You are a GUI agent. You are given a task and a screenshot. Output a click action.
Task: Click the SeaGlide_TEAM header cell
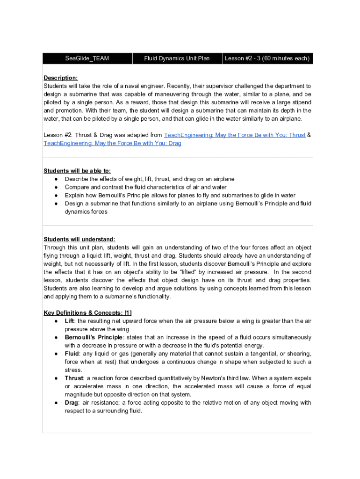pos(87,58)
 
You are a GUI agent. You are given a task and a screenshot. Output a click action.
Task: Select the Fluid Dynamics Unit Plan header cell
pos(177,58)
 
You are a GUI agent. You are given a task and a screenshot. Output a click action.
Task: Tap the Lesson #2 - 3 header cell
pos(267,58)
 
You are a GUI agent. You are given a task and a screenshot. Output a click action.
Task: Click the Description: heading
pos(61,78)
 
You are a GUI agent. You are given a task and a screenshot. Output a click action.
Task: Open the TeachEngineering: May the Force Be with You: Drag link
pos(112,143)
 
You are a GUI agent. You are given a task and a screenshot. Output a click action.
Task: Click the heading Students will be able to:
pos(77,171)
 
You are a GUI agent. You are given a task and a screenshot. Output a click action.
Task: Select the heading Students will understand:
pos(79,239)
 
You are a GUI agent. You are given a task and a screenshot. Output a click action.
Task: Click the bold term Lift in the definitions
pos(69,321)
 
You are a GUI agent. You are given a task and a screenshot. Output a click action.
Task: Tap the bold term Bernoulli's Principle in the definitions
pos(94,337)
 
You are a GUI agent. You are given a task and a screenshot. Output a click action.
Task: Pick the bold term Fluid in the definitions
pos(72,354)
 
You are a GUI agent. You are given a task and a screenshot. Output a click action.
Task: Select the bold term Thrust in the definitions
pos(74,378)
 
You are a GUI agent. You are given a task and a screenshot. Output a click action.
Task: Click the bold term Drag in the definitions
pos(71,403)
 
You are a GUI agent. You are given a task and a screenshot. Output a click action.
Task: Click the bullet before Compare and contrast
pos(56,187)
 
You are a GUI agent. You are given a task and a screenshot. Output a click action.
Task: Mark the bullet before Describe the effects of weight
pos(56,179)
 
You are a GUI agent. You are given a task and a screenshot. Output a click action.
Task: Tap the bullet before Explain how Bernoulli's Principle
pos(56,196)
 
